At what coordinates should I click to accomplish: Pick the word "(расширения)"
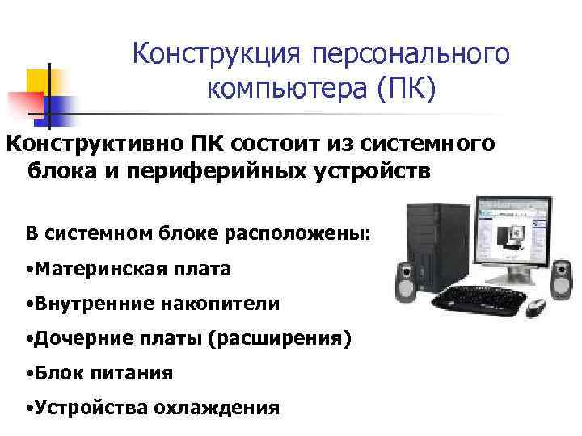[x=280, y=339]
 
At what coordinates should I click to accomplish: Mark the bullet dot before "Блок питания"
[x=29, y=374]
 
